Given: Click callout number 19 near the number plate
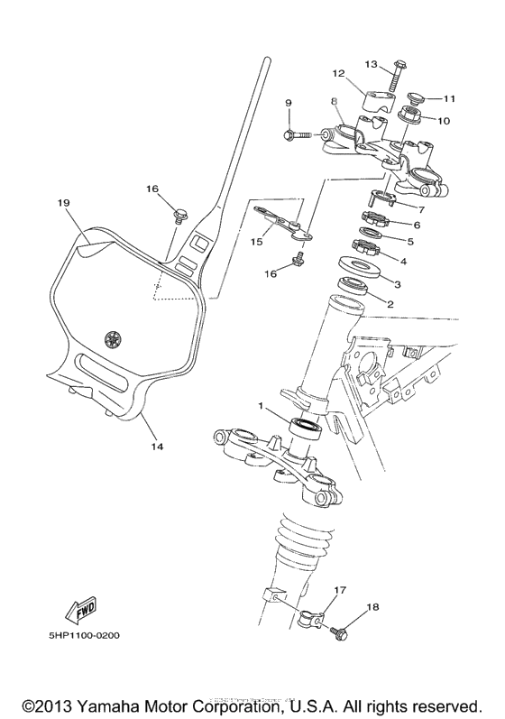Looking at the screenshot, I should tap(62, 204).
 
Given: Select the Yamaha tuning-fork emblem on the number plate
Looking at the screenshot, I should tap(113, 339).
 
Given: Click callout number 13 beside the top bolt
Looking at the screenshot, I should tap(371, 65).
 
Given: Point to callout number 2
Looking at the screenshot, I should tap(390, 304).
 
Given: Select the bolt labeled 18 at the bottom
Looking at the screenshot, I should tap(342, 632).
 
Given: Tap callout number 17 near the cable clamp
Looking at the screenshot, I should tap(340, 591).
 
